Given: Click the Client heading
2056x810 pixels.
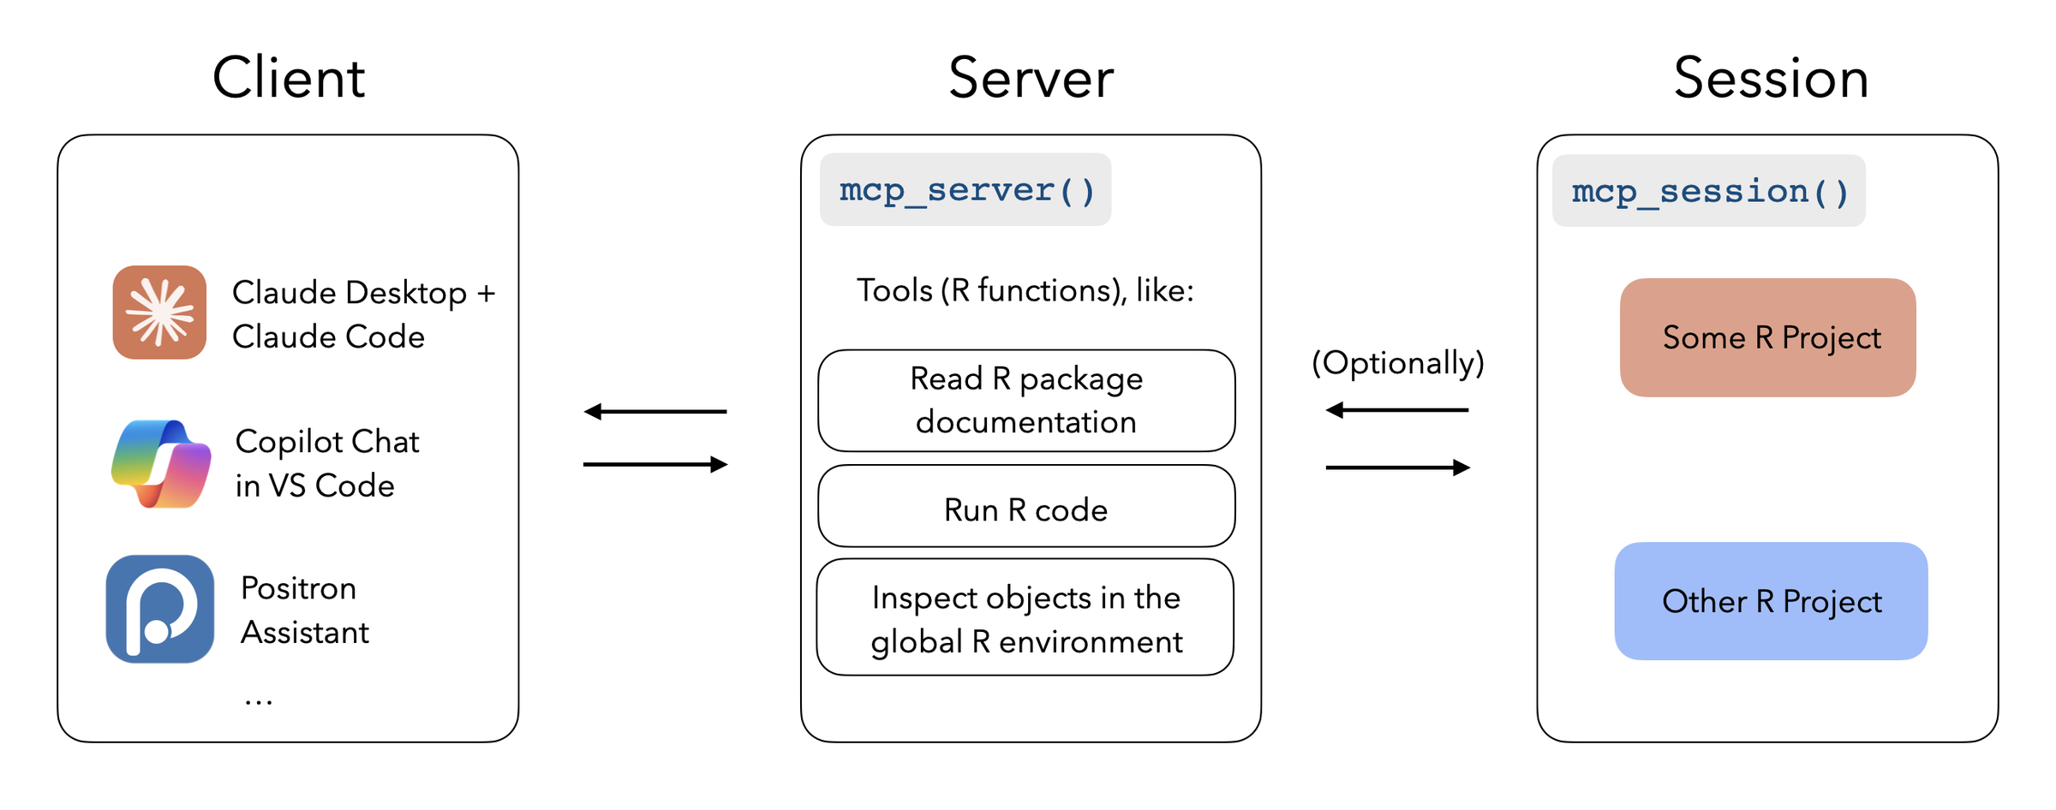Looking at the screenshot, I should click(289, 78).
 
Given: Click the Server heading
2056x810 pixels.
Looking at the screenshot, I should click(1031, 78).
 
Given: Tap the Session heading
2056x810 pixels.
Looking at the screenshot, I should click(1771, 78).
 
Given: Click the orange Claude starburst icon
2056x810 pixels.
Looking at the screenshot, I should click(159, 313).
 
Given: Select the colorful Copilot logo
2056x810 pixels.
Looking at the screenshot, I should click(161, 463).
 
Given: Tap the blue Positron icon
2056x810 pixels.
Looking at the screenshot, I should click(160, 609).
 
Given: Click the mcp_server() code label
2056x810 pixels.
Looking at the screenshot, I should click(965, 190).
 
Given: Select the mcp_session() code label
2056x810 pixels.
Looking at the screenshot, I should click(1709, 191).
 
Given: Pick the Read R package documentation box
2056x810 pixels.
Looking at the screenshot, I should click(1026, 401).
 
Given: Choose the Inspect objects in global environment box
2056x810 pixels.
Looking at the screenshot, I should click(1025, 618).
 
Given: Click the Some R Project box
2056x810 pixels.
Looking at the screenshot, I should click(1768, 337).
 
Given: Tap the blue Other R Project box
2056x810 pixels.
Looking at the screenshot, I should click(1771, 601).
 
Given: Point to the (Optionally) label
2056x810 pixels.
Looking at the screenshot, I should click(1398, 363).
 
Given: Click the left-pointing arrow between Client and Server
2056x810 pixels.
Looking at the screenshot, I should click(655, 412).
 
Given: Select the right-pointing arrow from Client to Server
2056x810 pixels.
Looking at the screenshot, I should click(655, 465).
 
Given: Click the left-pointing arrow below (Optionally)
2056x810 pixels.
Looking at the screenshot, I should click(1397, 410).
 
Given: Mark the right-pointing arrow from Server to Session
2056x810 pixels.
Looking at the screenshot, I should click(1397, 468).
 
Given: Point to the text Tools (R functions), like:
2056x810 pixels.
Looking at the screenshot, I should click(1025, 291).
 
